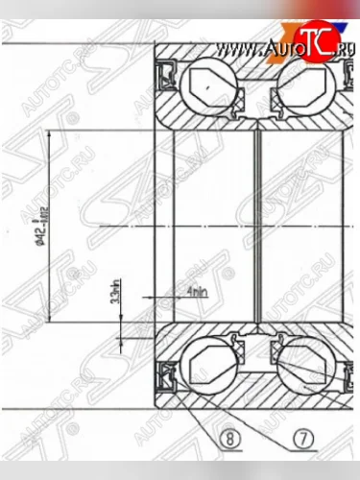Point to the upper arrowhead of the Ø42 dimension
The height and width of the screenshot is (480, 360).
[x=71, y=133]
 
